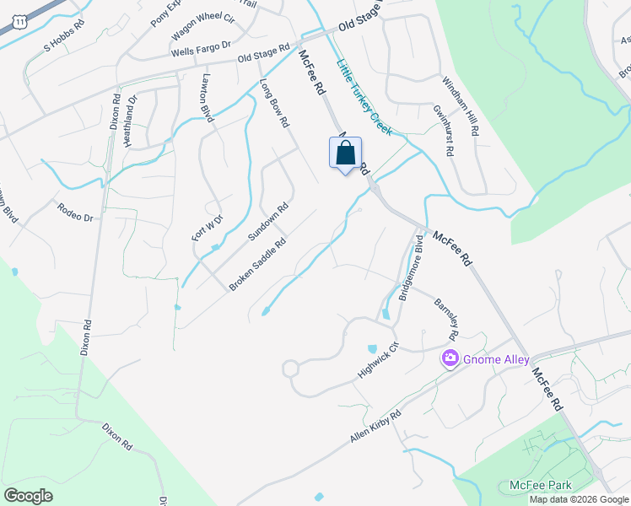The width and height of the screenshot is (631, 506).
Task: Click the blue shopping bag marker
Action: (x=345, y=154)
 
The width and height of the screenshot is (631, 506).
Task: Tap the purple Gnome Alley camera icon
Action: (x=450, y=359)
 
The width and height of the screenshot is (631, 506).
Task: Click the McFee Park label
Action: (x=541, y=485)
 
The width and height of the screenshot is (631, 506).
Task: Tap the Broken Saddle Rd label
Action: (x=258, y=265)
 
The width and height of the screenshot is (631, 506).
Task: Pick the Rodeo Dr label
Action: (x=75, y=212)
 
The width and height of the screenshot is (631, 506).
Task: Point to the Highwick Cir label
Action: (x=376, y=358)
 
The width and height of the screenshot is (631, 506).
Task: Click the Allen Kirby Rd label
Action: (x=375, y=428)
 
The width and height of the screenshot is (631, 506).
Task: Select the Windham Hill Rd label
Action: (x=461, y=106)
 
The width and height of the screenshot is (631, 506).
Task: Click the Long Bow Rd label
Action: (x=275, y=103)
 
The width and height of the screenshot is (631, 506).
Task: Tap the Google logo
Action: (x=28, y=496)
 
